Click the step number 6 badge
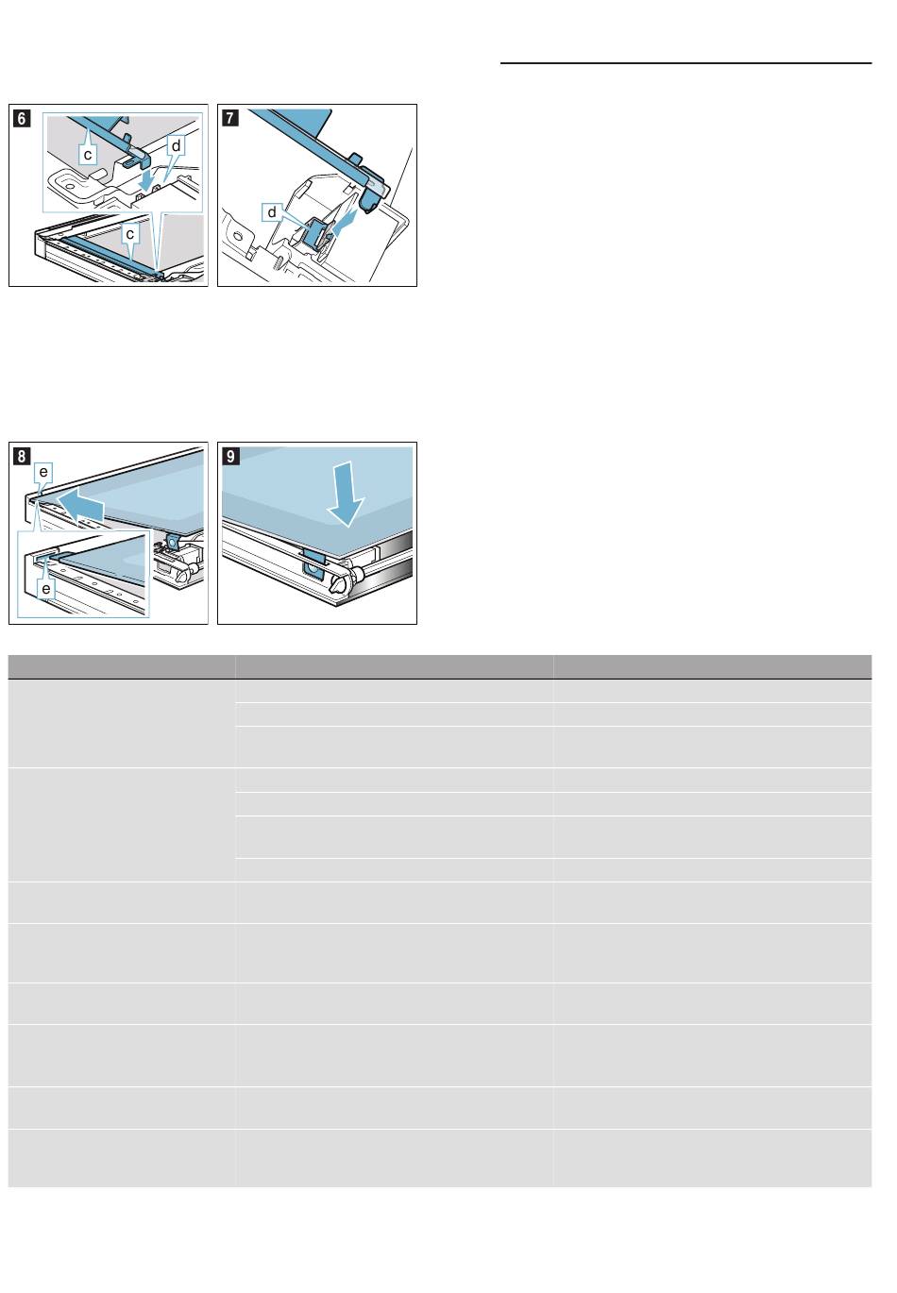point(22,118)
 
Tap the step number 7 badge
point(229,118)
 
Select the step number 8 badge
point(22,456)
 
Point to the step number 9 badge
point(230,456)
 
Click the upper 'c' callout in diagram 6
point(88,154)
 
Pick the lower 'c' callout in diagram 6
point(130,233)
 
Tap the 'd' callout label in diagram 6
point(177,145)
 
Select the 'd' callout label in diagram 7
point(272,212)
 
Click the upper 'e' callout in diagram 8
point(43,472)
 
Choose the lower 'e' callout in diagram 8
point(45,589)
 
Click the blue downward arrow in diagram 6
point(149,177)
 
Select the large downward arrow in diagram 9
point(346,495)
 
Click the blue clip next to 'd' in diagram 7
point(315,230)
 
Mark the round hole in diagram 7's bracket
point(237,237)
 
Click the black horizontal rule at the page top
point(685,63)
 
